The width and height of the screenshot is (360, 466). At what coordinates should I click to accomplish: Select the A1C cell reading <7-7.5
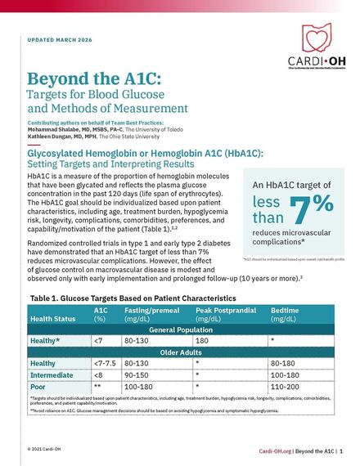coord(106,363)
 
